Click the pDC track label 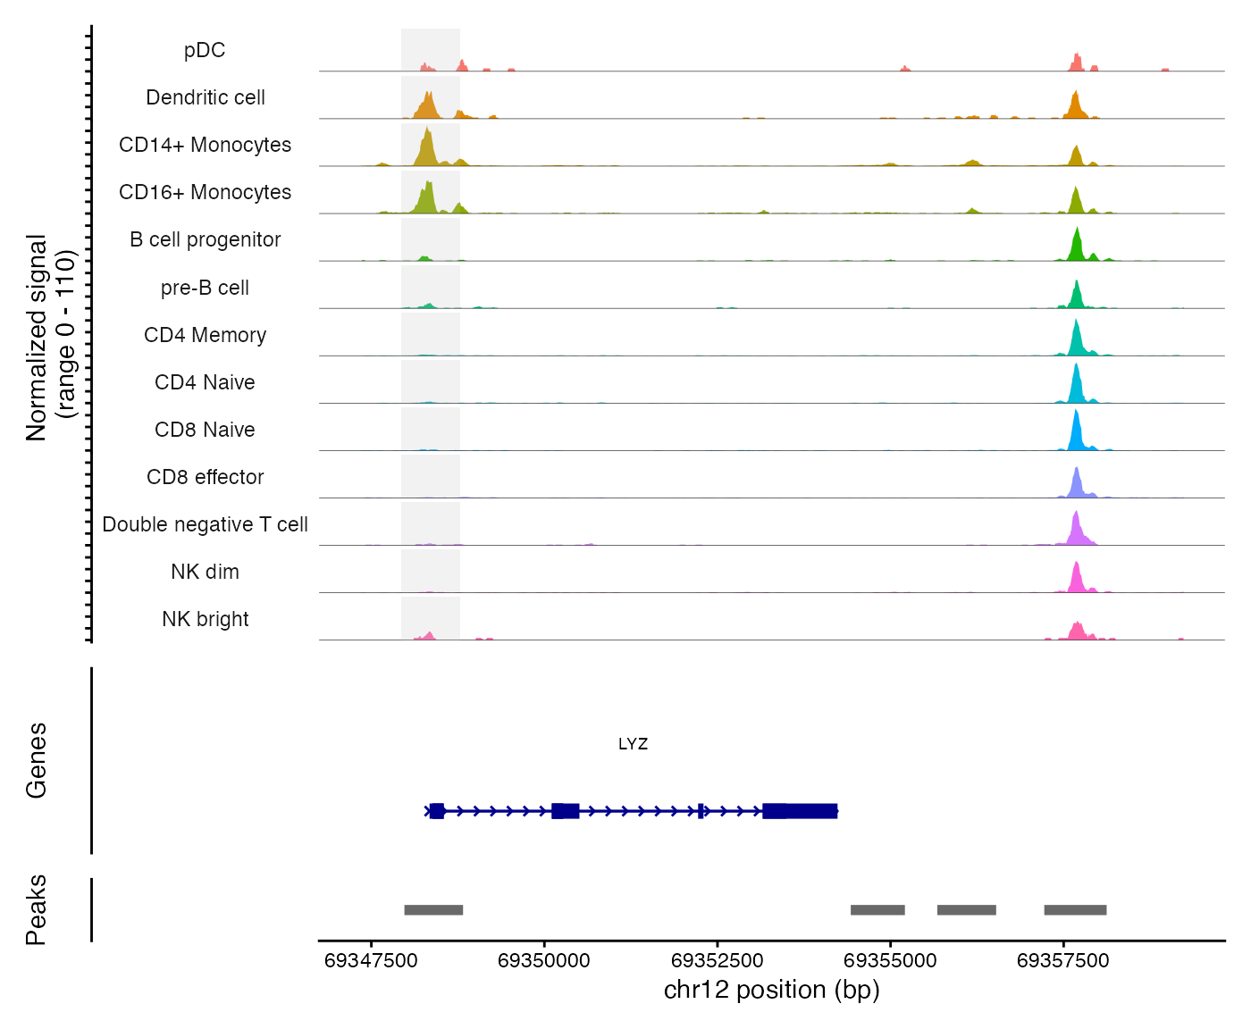(205, 51)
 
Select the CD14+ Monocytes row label (205, 146)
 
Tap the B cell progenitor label (205, 240)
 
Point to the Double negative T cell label (205, 524)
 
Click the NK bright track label (205, 619)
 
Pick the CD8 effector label (205, 477)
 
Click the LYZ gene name (633, 744)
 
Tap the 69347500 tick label (371, 961)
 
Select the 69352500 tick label (717, 961)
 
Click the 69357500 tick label (1063, 961)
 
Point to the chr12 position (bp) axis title (771, 990)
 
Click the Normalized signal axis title (50, 337)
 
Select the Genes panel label (37, 760)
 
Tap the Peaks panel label (37, 909)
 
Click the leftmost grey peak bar (433, 910)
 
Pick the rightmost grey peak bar (1075, 910)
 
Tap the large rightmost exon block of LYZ (801, 811)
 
